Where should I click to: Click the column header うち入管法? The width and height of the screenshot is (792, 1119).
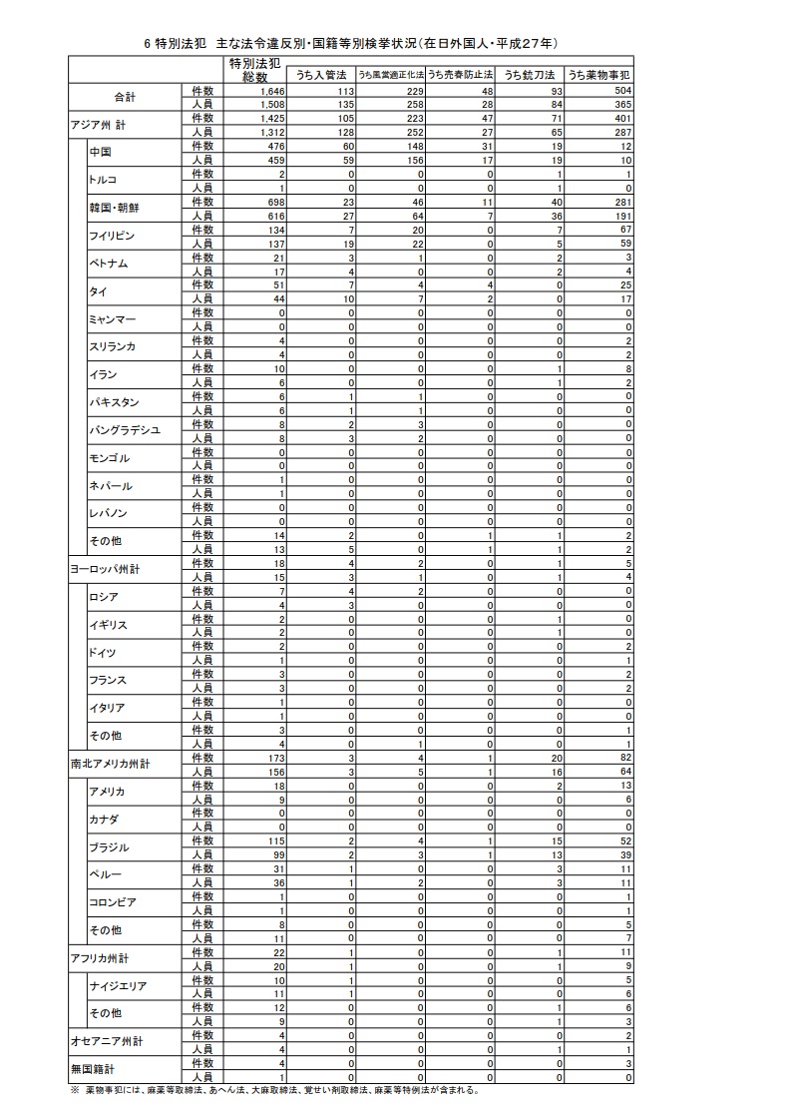(x=320, y=75)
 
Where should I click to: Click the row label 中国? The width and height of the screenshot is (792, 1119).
(x=100, y=152)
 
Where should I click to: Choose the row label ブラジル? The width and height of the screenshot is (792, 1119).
(x=109, y=846)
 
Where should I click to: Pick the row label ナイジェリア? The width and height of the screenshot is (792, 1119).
(x=118, y=985)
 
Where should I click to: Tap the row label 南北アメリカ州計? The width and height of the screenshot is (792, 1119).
(x=110, y=764)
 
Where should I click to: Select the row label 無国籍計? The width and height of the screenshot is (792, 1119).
(x=93, y=1068)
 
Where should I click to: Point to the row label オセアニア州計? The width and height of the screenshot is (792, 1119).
(x=107, y=1040)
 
